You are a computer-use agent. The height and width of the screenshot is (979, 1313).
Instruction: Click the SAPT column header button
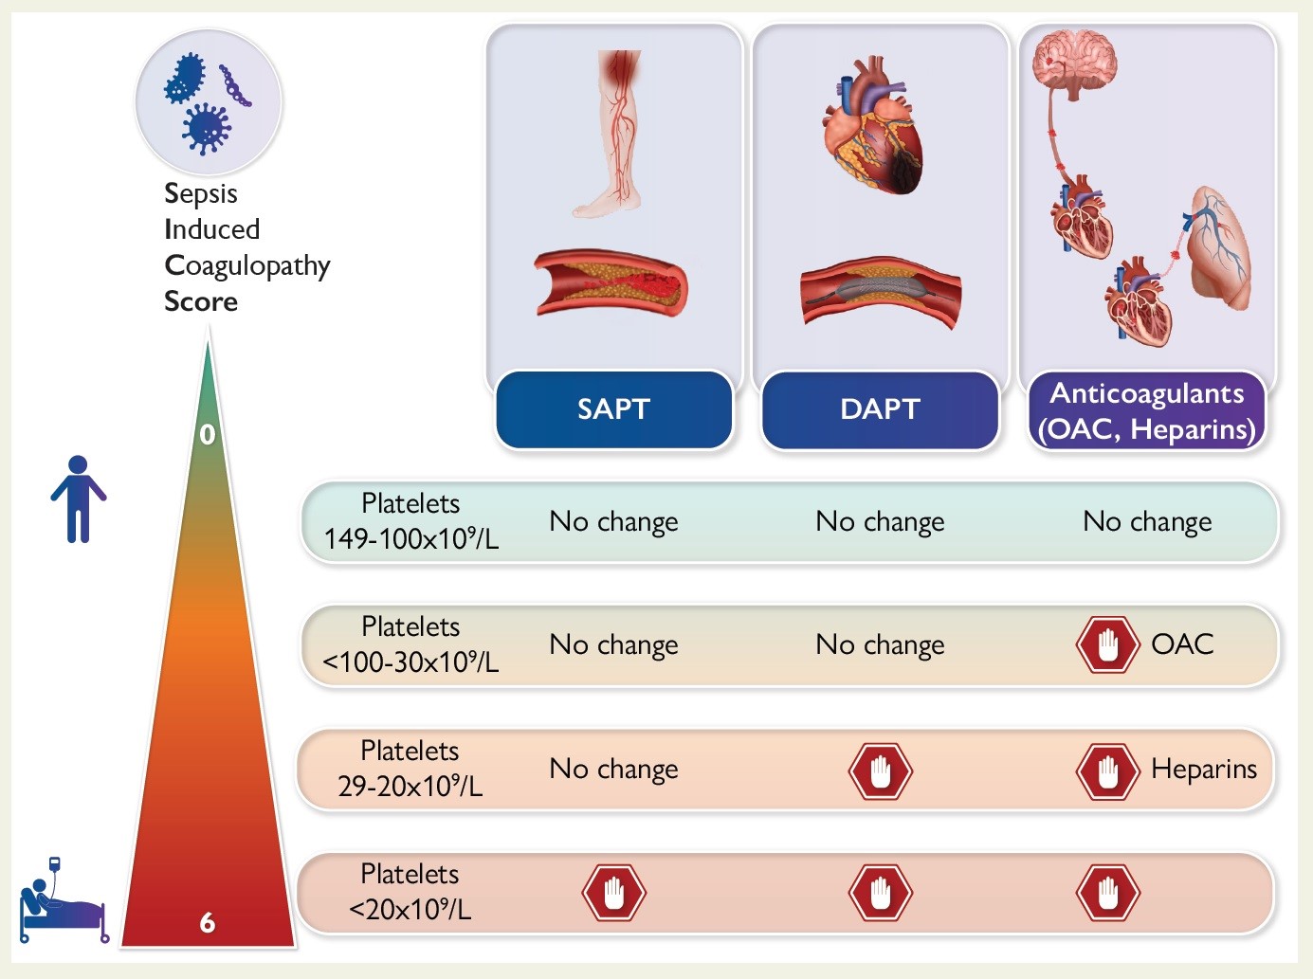pyautogui.click(x=613, y=409)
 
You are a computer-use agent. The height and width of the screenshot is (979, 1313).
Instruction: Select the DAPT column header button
pyautogui.click(x=880, y=409)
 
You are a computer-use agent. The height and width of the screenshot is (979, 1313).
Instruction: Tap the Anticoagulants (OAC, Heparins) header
pyautogui.click(x=1147, y=411)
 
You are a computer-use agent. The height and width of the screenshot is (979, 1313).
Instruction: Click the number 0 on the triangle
pyautogui.click(x=208, y=435)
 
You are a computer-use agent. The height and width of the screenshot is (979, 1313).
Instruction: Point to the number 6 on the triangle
pyautogui.click(x=208, y=923)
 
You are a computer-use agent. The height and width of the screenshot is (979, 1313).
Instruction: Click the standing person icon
pyautogui.click(x=79, y=499)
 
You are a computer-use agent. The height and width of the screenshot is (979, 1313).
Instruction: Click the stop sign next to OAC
pyautogui.click(x=1107, y=644)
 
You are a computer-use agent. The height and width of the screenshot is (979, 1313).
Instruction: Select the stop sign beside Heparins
pyautogui.click(x=1107, y=771)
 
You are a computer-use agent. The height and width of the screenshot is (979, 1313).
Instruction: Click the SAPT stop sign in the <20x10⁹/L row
pyautogui.click(x=613, y=893)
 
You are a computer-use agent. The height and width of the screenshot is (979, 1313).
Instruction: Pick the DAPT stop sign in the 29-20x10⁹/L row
pyautogui.click(x=880, y=771)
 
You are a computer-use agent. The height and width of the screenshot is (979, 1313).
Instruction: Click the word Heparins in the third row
pyautogui.click(x=1204, y=770)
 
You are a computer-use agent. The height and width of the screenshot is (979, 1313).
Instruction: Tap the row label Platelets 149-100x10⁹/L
pyautogui.click(x=410, y=521)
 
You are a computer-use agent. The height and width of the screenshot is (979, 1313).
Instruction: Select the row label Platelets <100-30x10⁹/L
pyautogui.click(x=410, y=644)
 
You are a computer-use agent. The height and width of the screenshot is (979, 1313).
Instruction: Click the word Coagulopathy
pyautogui.click(x=247, y=266)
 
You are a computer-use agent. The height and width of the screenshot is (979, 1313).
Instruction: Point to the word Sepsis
pyautogui.click(x=201, y=193)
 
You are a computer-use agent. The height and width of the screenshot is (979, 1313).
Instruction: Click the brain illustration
pyautogui.click(x=1075, y=64)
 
